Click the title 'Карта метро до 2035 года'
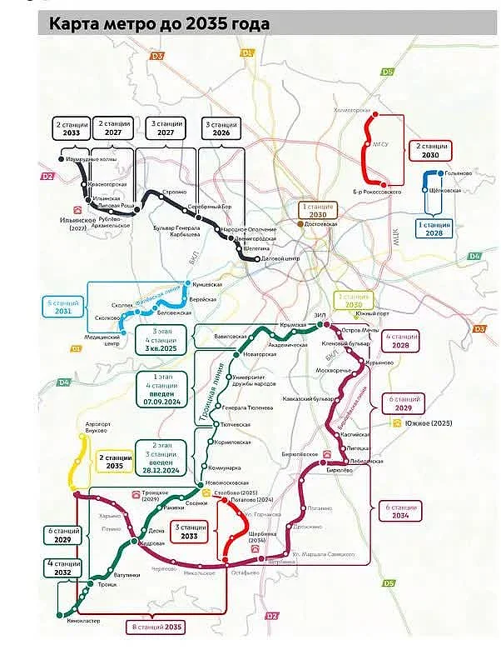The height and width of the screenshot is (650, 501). (x=158, y=23)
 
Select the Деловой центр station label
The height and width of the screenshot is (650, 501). (x=280, y=258)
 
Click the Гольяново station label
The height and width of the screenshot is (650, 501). (x=459, y=172)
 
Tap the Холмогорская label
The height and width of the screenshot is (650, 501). (x=350, y=109)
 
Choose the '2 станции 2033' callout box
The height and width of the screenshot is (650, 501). (x=70, y=127)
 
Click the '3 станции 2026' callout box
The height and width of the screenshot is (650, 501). (x=221, y=127)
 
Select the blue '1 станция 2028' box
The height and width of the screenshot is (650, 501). (x=434, y=228)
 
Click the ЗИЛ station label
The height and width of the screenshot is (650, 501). (x=320, y=314)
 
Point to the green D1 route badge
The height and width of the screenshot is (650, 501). (x=247, y=52)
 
